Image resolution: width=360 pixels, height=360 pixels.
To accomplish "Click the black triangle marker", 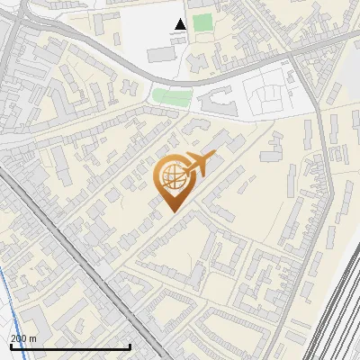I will click(180, 25).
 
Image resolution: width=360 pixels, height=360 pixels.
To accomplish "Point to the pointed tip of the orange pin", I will click(171, 211).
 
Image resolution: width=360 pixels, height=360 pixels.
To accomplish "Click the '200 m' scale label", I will click(23, 338).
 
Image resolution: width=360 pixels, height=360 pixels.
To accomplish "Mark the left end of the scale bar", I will click(10, 346).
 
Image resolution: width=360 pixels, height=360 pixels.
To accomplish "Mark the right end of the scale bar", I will click(130, 346).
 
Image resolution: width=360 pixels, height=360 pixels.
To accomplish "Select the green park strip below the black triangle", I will click(171, 95).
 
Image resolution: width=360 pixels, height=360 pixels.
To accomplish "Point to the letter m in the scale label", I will click(33, 338).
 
